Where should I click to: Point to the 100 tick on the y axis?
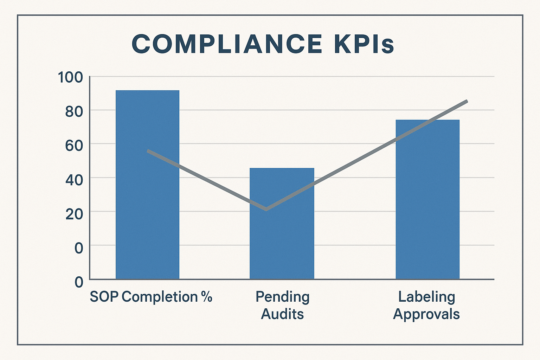click(70, 77)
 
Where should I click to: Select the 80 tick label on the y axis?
click(74, 111)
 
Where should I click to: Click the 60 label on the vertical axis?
click(74, 145)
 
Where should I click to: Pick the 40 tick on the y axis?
click(74, 180)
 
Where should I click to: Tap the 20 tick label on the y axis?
click(74, 213)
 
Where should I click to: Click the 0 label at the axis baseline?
click(79, 282)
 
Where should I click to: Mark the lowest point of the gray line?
click(266, 209)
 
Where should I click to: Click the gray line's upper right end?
click(467, 101)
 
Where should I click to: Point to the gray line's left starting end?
click(148, 151)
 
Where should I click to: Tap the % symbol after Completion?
click(207, 297)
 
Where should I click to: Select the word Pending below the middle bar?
click(282, 297)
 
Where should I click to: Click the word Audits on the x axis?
click(282, 314)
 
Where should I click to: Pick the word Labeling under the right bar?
click(426, 297)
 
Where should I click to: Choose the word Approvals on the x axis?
click(426, 314)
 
